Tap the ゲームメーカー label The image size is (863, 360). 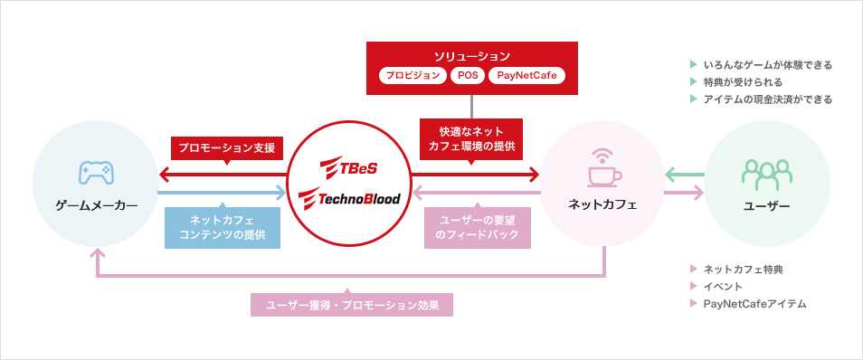[x=95, y=206]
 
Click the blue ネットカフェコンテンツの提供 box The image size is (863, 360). [x=221, y=227]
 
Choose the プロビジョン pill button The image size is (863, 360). [x=411, y=76]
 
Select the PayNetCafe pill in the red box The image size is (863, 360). [x=526, y=76]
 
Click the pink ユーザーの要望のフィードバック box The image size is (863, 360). [x=477, y=227]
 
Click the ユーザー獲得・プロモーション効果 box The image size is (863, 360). [x=352, y=305]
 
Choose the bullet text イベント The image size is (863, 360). [x=723, y=287]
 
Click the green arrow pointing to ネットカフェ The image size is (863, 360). [x=685, y=174]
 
